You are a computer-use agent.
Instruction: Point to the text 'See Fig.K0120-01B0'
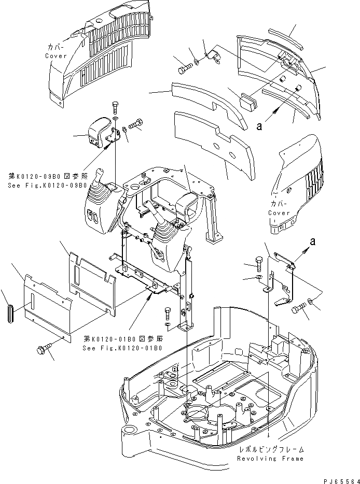122,348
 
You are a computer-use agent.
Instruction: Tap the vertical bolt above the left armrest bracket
115,109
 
